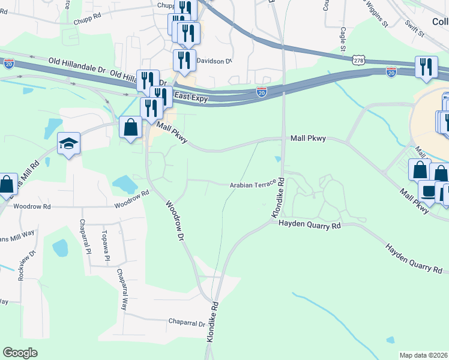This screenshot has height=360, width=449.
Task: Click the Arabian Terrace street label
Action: pos(252,185)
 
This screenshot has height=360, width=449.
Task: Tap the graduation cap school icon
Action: pos(69,144)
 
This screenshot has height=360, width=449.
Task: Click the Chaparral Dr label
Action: pos(187,323)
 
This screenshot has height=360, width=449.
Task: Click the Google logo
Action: pos(20,353)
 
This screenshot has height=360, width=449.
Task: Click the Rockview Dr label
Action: pos(22,256)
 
